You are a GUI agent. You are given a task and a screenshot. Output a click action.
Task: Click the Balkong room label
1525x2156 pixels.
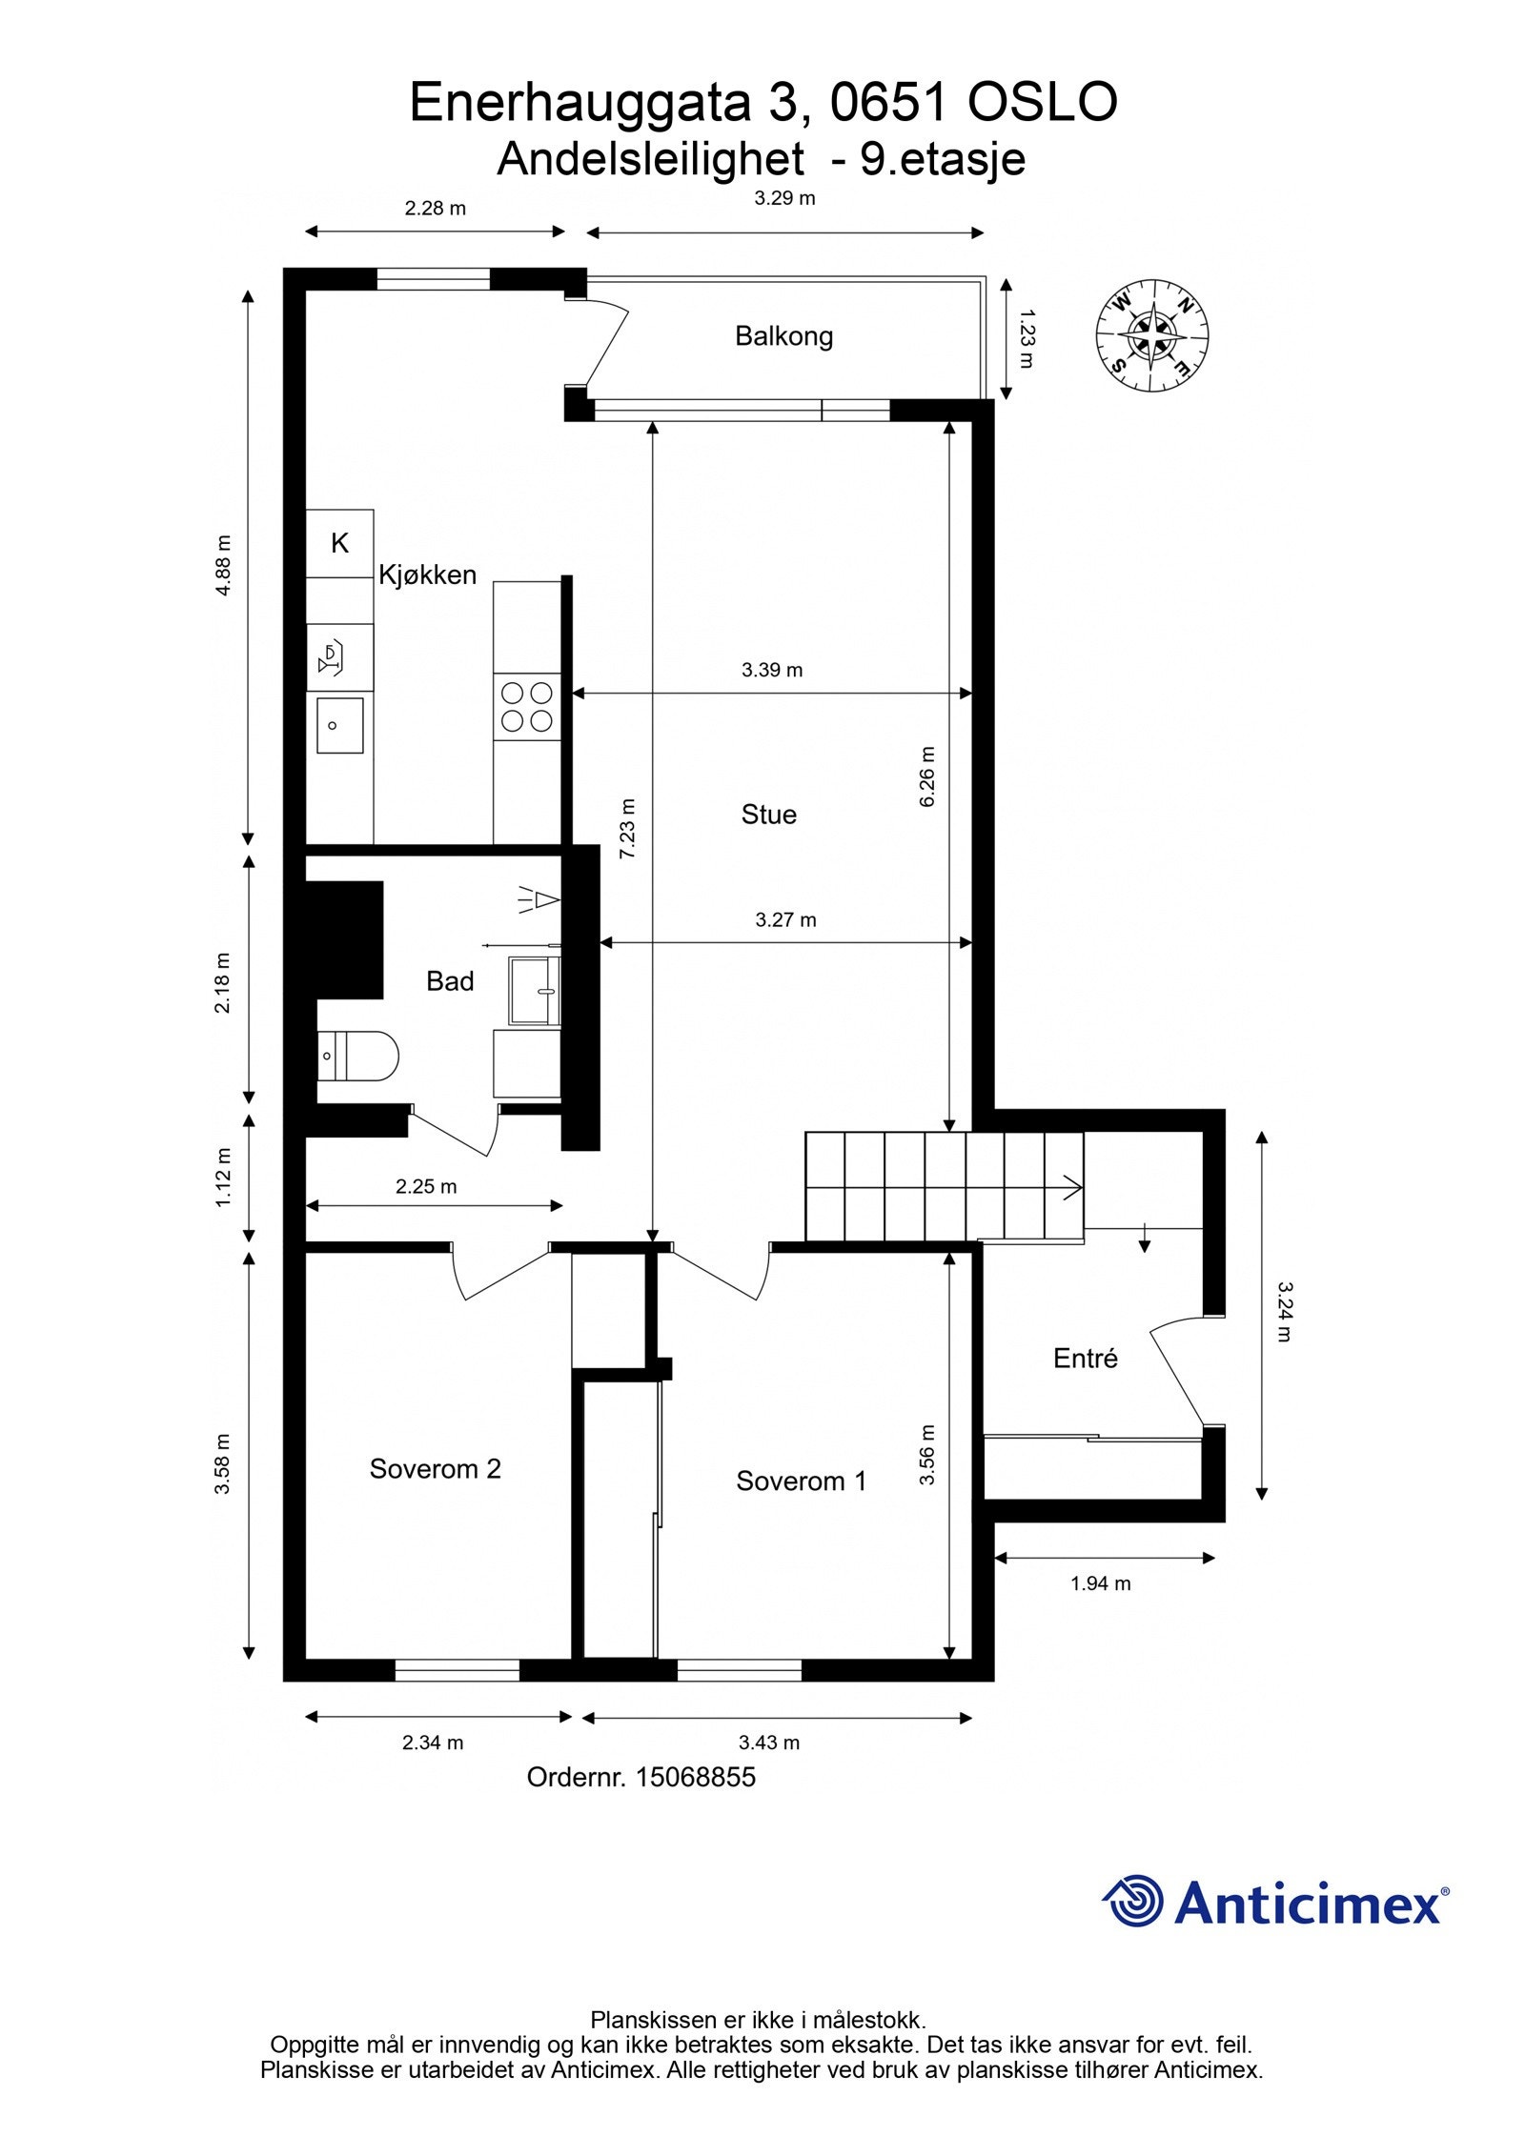(x=783, y=336)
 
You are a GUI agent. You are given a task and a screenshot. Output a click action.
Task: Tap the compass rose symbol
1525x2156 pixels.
(x=1152, y=335)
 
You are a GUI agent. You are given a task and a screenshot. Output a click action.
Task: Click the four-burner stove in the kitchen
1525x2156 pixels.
(x=526, y=707)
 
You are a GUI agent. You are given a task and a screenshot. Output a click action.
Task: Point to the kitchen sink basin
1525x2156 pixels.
(x=339, y=726)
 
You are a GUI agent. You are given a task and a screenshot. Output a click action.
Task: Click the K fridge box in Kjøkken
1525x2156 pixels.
(x=339, y=543)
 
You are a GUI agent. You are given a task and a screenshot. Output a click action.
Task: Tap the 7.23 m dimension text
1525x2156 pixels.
(x=627, y=829)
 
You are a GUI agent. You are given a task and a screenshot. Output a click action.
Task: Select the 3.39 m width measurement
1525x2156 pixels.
(x=771, y=670)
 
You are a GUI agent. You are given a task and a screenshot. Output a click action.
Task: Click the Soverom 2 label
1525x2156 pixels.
(x=435, y=1468)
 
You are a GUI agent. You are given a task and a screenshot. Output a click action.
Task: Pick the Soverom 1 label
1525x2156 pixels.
(x=801, y=1481)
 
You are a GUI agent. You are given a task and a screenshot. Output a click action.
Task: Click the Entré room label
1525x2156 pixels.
(x=1085, y=1359)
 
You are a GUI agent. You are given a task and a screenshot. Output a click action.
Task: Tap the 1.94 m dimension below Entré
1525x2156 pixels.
(x=1100, y=1583)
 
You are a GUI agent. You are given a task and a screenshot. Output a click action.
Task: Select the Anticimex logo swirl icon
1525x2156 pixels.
(x=1133, y=1902)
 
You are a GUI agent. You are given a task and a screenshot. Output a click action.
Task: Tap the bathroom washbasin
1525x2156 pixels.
(x=535, y=991)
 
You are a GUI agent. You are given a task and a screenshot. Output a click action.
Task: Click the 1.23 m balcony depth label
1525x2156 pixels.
(x=1026, y=337)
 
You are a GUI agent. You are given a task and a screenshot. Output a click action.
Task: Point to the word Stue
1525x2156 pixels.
(x=768, y=815)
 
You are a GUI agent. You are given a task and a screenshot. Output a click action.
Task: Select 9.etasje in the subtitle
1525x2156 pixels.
(x=943, y=159)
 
